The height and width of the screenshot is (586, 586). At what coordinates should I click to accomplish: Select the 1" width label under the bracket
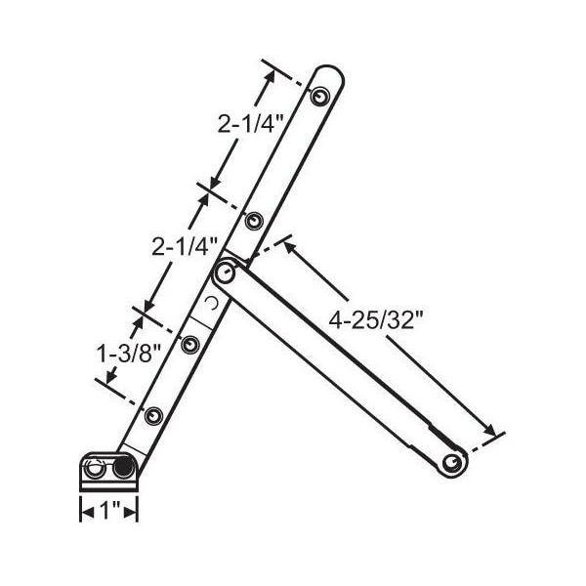[x=108, y=509]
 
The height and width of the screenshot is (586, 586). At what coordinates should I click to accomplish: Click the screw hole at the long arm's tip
[x=319, y=96]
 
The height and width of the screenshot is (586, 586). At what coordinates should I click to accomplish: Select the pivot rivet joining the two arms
[x=225, y=274]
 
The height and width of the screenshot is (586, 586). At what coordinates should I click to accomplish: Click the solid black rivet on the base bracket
[x=123, y=469]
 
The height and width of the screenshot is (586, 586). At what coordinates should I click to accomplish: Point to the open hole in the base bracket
[x=95, y=471]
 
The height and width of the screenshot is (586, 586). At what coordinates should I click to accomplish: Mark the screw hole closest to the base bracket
[x=152, y=416]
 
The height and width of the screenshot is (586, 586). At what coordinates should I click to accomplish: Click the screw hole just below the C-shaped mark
[x=190, y=344]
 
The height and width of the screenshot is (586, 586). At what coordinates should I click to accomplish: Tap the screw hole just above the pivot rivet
[x=253, y=222]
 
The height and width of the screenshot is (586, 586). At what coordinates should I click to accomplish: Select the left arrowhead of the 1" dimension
[x=85, y=509]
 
